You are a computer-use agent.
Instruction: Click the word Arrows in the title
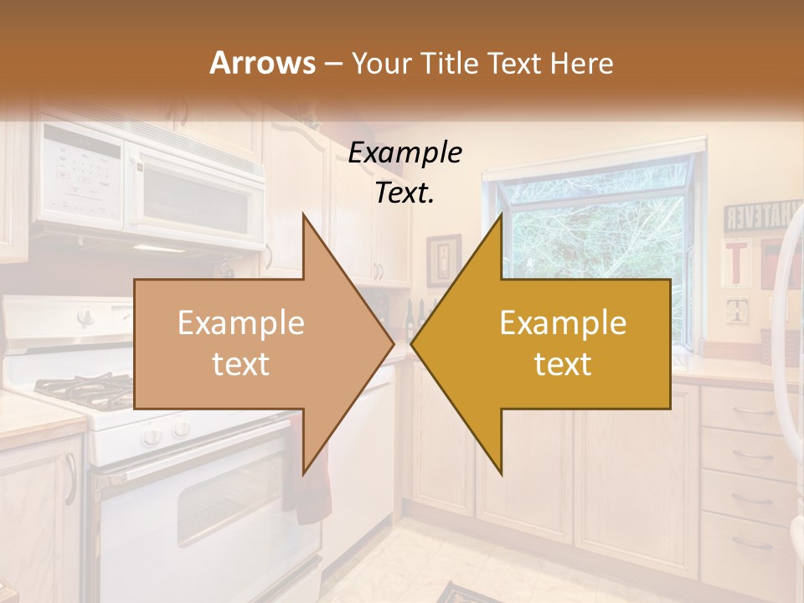[x=262, y=63]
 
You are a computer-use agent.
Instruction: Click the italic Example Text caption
[x=405, y=173]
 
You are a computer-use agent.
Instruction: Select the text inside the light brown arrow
[x=240, y=343]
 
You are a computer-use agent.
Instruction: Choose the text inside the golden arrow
[x=563, y=343]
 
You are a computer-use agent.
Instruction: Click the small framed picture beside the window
[x=443, y=260]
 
